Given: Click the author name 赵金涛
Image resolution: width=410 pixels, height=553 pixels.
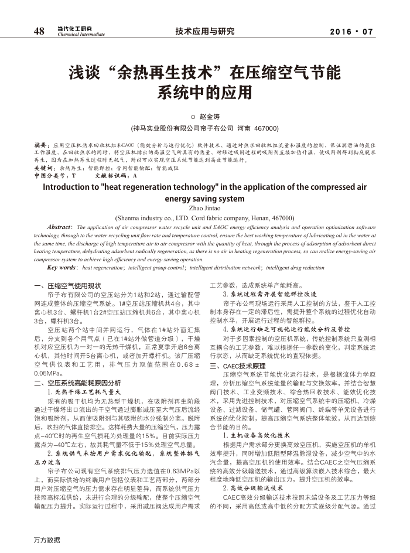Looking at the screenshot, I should (x=210, y=117).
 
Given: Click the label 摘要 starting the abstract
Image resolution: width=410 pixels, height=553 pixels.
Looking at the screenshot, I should (x=41, y=144).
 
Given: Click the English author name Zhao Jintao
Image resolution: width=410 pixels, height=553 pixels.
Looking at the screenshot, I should (x=204, y=208).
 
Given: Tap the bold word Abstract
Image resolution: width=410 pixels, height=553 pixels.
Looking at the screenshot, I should (x=61, y=227).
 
